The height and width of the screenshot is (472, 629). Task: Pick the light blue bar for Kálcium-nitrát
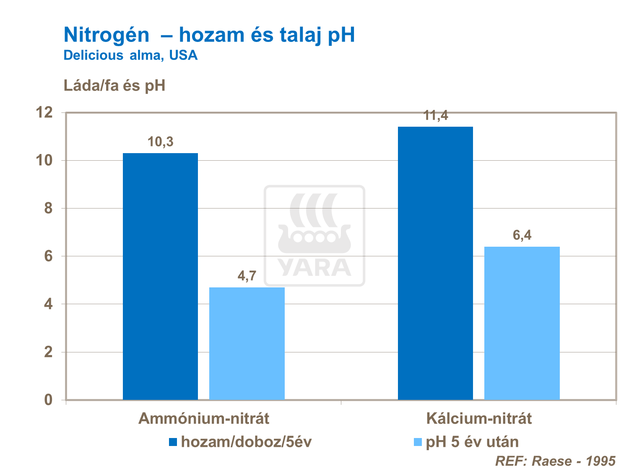522,323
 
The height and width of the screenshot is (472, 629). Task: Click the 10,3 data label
160,142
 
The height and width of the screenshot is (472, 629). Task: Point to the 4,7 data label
247,276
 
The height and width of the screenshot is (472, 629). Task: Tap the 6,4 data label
522,235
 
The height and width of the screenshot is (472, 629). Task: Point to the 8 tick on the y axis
48,209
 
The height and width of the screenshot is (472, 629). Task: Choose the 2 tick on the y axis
48,352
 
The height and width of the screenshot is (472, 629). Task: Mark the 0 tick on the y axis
48,400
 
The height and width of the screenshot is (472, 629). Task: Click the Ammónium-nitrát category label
204,419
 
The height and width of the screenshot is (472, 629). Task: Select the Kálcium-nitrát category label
479,419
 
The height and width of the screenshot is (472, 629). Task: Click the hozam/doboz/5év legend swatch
173,442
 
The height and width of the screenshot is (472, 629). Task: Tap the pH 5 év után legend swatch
418,442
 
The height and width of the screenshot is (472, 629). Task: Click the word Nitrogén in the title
106,35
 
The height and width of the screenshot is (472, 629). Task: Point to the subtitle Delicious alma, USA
130,55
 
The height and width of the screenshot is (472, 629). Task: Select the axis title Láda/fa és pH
114,86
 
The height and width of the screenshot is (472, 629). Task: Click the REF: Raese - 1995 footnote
555,461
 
